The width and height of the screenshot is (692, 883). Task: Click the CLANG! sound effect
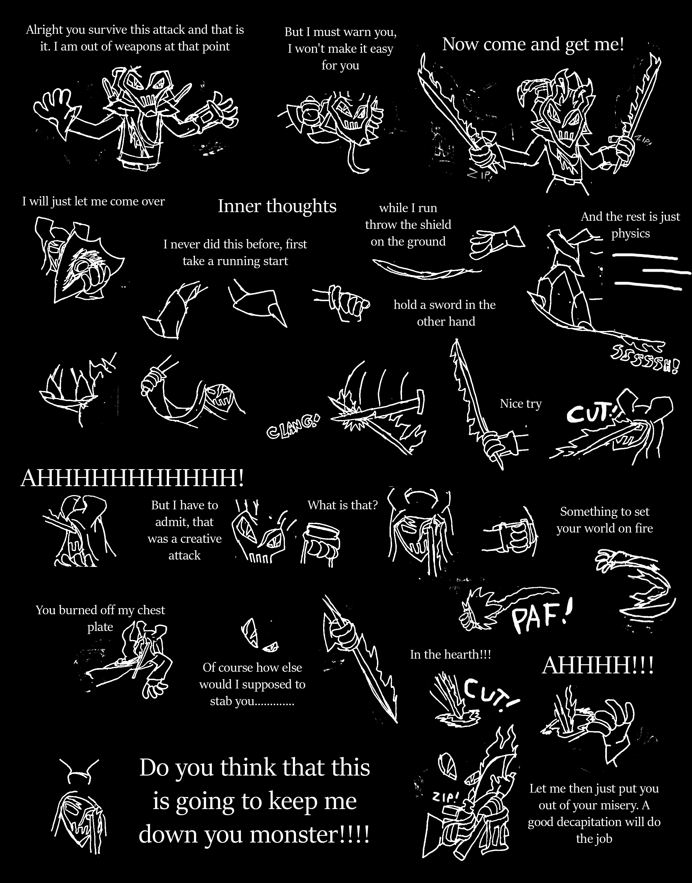292,426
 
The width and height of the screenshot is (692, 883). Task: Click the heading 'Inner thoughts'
277,206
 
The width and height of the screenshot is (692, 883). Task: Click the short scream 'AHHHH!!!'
598,666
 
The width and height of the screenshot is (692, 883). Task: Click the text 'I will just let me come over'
93,201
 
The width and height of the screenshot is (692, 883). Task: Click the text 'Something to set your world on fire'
604,520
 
